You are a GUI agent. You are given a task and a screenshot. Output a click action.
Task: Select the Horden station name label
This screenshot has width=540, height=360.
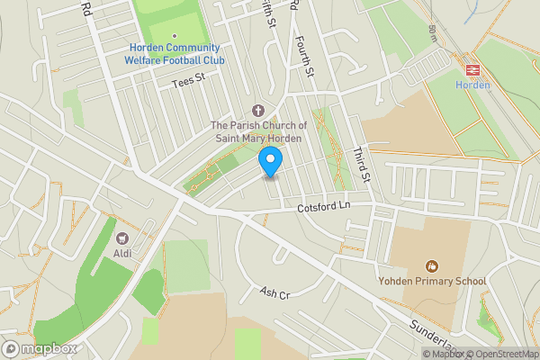[x=471, y=85]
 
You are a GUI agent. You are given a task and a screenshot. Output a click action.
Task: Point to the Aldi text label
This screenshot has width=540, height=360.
[x=123, y=254]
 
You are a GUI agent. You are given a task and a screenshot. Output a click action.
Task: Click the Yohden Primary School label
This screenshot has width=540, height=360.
[x=432, y=282]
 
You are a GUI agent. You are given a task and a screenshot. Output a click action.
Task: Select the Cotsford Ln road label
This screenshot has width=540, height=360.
[x=322, y=208]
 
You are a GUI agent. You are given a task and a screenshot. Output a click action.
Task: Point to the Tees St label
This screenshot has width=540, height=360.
[x=189, y=82]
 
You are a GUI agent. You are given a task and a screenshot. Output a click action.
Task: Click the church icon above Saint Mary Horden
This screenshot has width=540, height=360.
[x=258, y=108]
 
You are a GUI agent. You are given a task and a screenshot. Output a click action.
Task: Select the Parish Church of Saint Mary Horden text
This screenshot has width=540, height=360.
[x=258, y=131]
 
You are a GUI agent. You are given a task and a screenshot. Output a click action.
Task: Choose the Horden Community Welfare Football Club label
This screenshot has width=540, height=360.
[x=174, y=54]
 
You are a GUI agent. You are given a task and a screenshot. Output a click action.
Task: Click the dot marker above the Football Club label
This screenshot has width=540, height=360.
[x=174, y=35]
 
